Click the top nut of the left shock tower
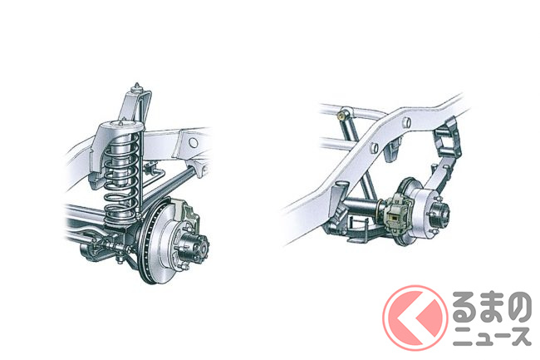pyautogui.click(x=137, y=86)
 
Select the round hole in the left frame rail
pyautogui.click(x=194, y=143)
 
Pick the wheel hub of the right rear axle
pyautogui.click(x=439, y=210)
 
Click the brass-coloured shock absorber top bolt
pyautogui.click(x=342, y=114)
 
